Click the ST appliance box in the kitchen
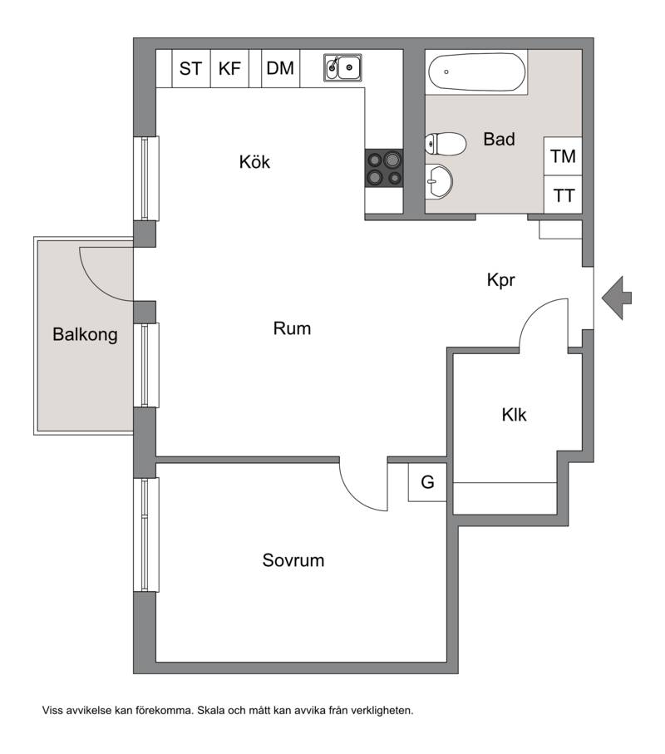[x=191, y=68]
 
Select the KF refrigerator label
[x=229, y=68]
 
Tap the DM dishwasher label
[x=280, y=68]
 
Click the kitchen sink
[x=342, y=68]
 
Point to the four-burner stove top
[x=384, y=168]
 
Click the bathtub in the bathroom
[x=476, y=72]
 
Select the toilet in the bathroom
[x=446, y=143]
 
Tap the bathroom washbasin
[x=439, y=180]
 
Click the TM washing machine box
[x=563, y=156]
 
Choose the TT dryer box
[x=563, y=195]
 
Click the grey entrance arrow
[x=617, y=298]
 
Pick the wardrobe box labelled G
[x=427, y=482]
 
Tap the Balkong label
[x=85, y=335]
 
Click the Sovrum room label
[x=293, y=560]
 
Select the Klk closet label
[x=514, y=415]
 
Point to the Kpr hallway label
[x=501, y=280]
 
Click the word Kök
[x=254, y=161]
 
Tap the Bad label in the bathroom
[x=499, y=139]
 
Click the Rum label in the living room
[x=292, y=328]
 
